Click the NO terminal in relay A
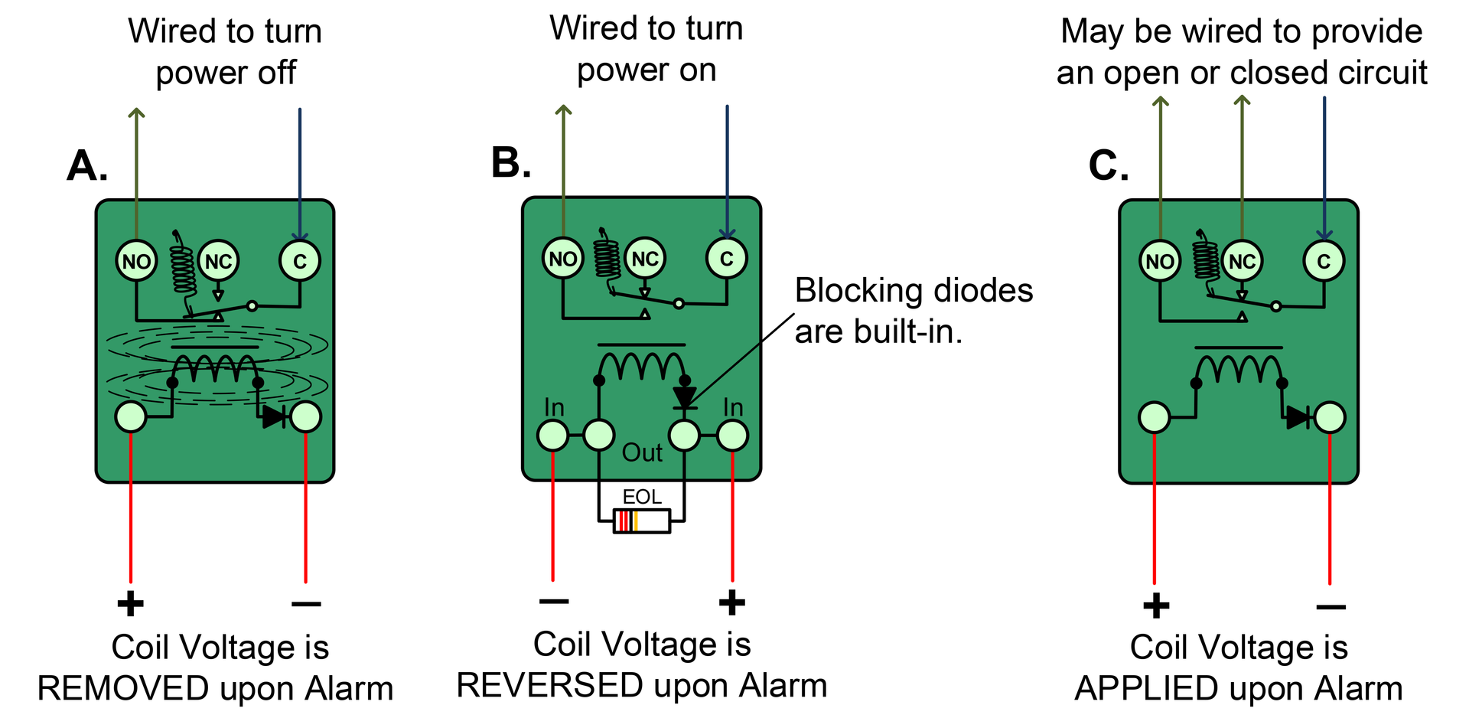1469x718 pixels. (136, 261)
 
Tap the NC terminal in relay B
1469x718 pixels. (645, 259)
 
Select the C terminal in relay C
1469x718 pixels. (1324, 261)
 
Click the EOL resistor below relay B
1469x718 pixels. (642, 521)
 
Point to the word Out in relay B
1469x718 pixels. (642, 452)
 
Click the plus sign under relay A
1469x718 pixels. (130, 603)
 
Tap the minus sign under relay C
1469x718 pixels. (1331, 607)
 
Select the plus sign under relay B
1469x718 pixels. (731, 602)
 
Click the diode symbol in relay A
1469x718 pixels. (274, 417)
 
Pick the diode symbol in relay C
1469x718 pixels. (1298, 417)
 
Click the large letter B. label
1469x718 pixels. (511, 163)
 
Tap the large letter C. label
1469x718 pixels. (1108, 165)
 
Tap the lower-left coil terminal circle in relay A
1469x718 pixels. (130, 417)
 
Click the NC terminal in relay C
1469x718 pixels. (1242, 261)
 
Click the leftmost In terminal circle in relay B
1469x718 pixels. (552, 436)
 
